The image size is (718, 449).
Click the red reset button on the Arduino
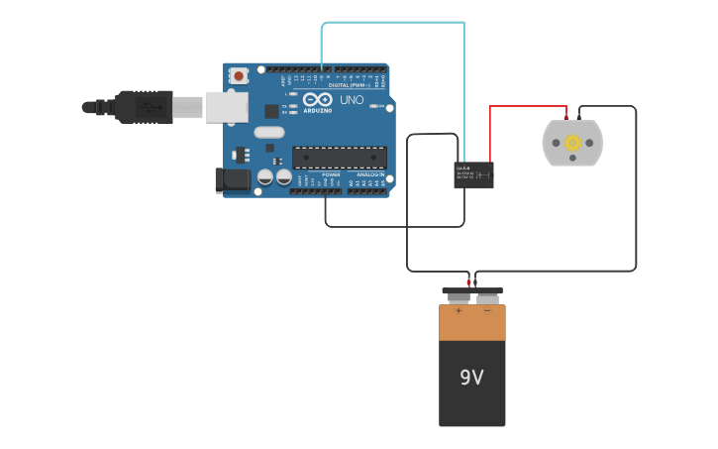pos(239,75)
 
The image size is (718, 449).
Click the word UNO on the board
pos(352,100)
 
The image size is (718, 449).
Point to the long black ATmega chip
pos(340,157)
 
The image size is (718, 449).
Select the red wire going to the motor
pos(525,106)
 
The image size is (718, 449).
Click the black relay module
pos(473,174)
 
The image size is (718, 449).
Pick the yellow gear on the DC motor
pos(572,143)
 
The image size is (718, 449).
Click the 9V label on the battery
pos(471,378)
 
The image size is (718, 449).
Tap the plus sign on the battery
pos(459,311)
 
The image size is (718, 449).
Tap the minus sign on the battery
pos(486,311)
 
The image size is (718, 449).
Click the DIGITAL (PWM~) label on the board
pos(350,85)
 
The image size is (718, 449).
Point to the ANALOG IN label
pos(370,174)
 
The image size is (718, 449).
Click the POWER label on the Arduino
pos(331,174)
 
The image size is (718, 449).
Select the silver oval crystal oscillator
pos(268,132)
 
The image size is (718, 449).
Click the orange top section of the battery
pos(472,323)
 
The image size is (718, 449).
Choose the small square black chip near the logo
pos(271,112)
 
